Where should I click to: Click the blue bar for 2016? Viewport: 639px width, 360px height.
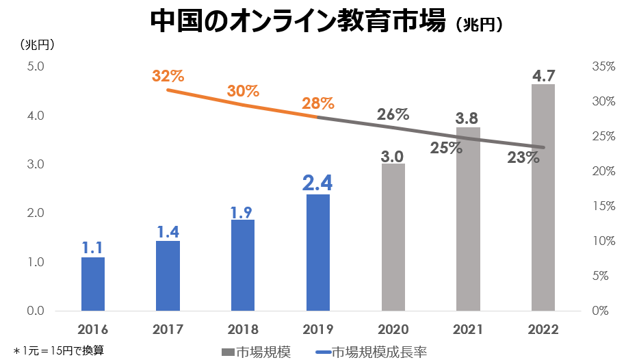pyautogui.click(x=93, y=283)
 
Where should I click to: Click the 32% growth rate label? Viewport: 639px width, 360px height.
pyautogui.click(x=168, y=76)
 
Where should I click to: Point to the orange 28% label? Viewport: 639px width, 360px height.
pyautogui.click(x=317, y=104)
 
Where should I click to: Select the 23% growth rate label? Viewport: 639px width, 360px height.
pyautogui.click(x=523, y=157)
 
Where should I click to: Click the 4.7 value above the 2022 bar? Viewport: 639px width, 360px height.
pyautogui.click(x=543, y=75)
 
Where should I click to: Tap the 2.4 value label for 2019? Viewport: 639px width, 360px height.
pyautogui.click(x=317, y=182)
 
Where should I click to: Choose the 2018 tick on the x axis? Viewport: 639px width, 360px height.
pyautogui.click(x=243, y=329)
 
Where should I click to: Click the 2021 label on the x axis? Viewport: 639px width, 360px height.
pyautogui.click(x=468, y=329)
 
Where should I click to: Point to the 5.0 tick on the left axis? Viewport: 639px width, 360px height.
pyautogui.click(x=35, y=67)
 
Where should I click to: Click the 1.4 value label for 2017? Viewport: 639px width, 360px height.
pyautogui.click(x=168, y=232)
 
